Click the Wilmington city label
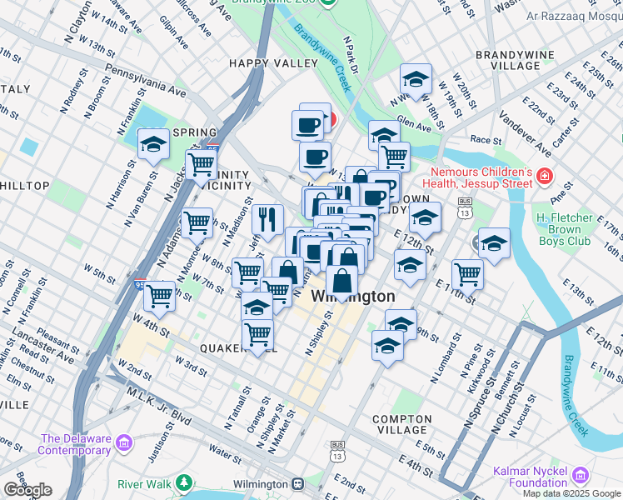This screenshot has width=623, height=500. (x=353, y=297)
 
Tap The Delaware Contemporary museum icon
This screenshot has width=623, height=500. (x=124, y=441)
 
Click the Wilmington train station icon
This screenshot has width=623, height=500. (x=297, y=484)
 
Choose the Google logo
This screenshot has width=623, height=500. (x=27, y=490)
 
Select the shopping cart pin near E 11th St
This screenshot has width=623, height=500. (x=467, y=274)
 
